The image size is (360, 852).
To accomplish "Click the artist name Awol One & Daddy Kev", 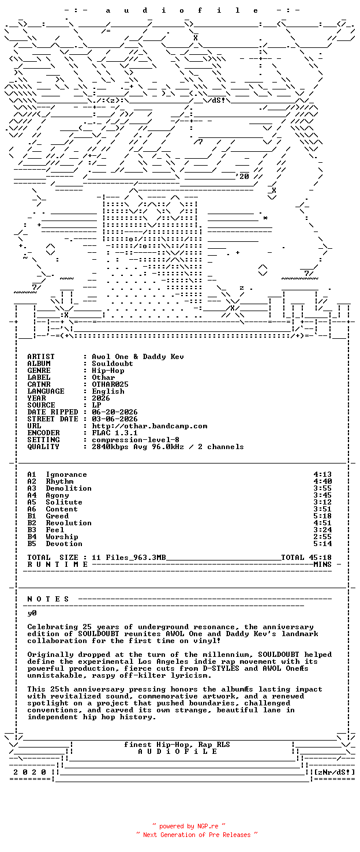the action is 138,357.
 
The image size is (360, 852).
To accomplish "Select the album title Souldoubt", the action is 112,364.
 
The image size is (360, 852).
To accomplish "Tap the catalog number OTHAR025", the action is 110,384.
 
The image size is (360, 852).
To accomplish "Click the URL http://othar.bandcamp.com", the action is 149,426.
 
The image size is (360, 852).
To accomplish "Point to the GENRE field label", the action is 39,371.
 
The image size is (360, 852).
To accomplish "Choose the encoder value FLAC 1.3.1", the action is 115,433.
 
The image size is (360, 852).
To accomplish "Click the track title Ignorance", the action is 66,474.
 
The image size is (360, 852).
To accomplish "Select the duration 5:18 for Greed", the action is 322,516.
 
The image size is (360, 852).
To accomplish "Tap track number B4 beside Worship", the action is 32,537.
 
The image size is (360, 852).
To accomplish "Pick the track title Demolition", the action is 69,488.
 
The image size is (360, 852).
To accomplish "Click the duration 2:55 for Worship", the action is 322,537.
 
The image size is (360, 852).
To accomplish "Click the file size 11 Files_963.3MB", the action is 129,558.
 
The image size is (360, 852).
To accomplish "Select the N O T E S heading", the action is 48,599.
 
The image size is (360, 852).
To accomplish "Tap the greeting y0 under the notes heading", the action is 32,613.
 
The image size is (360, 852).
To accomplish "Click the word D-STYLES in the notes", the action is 221,668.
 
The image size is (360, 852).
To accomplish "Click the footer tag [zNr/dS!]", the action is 335,772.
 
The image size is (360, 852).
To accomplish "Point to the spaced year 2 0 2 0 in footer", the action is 29,772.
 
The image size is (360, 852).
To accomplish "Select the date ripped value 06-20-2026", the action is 115,412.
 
